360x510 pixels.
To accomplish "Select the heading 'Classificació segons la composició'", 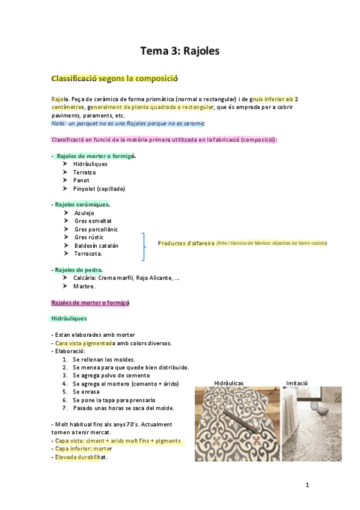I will [114, 78].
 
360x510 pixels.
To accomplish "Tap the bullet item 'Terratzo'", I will [84, 172].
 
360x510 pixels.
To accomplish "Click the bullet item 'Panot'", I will [81, 180].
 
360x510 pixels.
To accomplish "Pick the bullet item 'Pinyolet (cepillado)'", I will [99, 188].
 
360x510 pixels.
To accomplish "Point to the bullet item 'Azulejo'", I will [84, 213].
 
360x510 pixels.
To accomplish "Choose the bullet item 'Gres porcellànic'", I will [96, 229].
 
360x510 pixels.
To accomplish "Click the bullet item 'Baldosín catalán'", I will [96, 245].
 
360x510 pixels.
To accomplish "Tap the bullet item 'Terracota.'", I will [88, 254].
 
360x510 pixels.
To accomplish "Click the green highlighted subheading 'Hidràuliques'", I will [69, 318].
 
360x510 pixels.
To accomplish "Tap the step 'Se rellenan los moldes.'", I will [103, 359].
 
